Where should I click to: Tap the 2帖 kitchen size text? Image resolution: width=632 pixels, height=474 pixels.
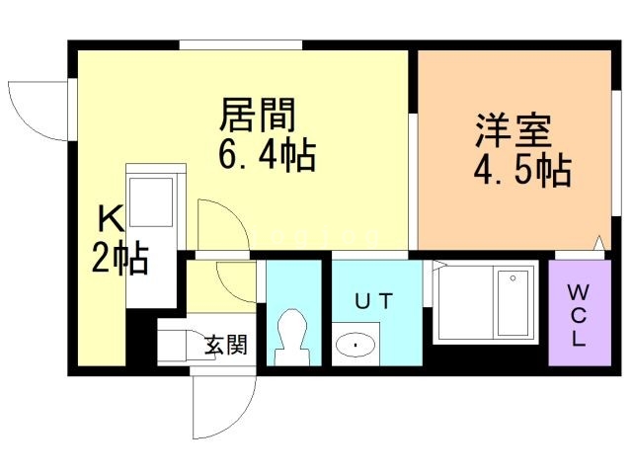click(120, 259)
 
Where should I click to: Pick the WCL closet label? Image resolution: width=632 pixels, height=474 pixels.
click(577, 314)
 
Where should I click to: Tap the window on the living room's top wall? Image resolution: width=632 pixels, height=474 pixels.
click(240, 43)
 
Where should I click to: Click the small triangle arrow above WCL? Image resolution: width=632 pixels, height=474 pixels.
click(598, 242)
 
